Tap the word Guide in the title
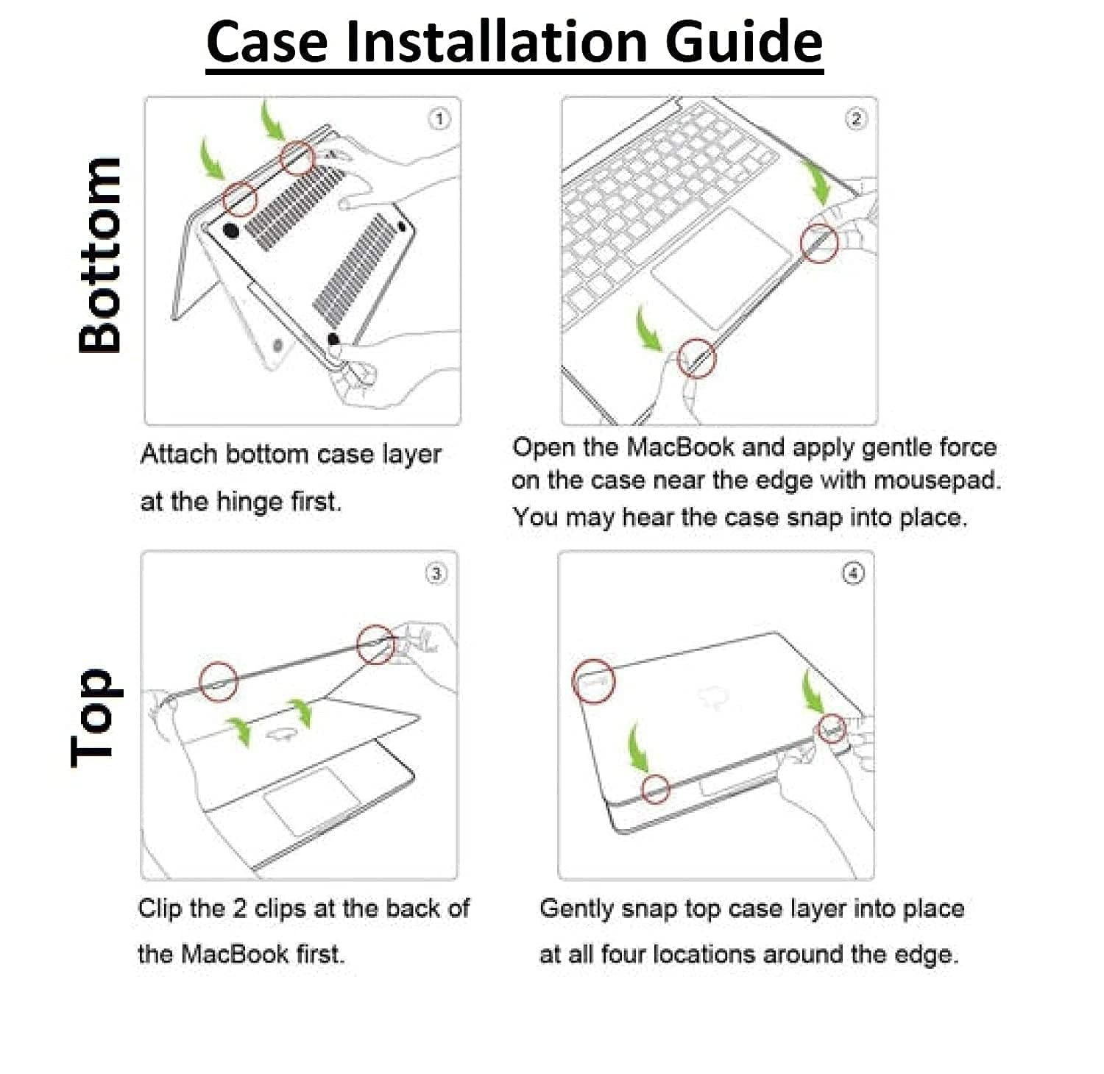(743, 41)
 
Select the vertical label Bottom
(101, 255)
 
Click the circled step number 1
(439, 119)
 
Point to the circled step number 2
(855, 119)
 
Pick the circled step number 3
(436, 573)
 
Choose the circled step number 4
(853, 573)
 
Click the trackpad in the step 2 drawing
(721, 268)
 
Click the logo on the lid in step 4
(712, 696)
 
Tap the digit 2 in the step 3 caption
(239, 908)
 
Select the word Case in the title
(266, 41)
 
